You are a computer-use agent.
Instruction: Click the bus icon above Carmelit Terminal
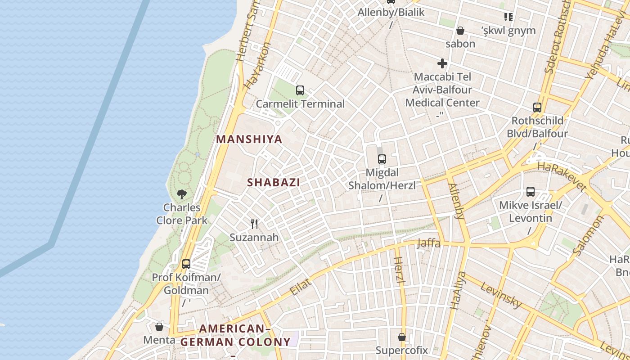coord(300,90)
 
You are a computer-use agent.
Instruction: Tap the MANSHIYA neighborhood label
coord(249,139)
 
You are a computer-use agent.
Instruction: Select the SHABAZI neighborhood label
coord(274,182)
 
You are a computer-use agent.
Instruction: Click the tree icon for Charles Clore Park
coord(182,194)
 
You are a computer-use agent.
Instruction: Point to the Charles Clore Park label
coord(182,214)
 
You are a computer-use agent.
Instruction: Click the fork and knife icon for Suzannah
coord(254,224)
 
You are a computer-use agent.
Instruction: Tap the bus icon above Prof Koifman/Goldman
coord(186,264)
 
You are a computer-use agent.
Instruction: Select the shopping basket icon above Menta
coord(159,326)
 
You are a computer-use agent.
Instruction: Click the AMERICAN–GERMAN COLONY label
coord(235,335)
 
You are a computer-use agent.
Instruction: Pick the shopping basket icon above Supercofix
coord(402,337)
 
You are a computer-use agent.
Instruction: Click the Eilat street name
coord(301,286)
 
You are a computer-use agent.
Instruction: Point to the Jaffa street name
coord(428,243)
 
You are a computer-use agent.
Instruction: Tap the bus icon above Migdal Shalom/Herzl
coord(382,159)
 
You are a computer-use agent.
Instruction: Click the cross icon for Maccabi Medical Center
coord(442,63)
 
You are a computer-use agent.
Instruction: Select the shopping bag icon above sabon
coord(460,31)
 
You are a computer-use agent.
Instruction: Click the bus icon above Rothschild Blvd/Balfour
coord(537,107)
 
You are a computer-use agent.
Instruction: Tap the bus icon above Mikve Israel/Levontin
coord(531,192)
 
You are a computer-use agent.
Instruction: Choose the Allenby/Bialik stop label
coord(391,12)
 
